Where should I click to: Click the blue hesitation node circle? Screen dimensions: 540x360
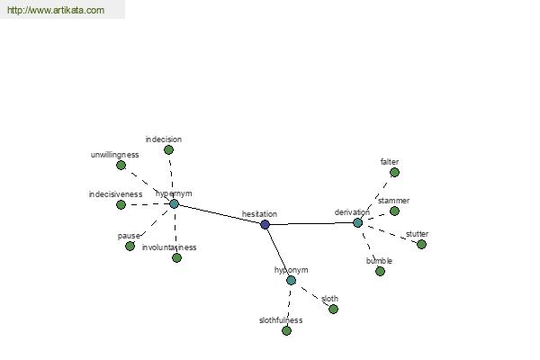[x=265, y=225]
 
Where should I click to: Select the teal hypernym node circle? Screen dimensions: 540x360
[x=175, y=204]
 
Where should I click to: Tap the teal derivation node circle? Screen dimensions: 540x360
[x=358, y=222]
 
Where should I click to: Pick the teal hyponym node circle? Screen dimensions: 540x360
[x=291, y=280]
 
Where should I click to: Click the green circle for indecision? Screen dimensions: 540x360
[x=168, y=150]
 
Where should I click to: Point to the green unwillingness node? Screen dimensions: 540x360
[x=121, y=166]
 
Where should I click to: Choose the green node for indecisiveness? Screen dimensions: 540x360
[x=121, y=204]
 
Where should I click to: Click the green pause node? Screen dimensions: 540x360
[x=130, y=246]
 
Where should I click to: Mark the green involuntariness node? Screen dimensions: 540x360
[x=176, y=257]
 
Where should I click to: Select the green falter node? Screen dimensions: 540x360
[x=395, y=172]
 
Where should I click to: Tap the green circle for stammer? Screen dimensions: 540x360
[x=395, y=211]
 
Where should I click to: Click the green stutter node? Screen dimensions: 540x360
[x=421, y=244]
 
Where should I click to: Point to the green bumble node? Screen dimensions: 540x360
[x=380, y=271]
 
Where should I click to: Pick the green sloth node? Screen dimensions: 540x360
[x=333, y=309]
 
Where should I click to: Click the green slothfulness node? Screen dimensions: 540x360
[x=286, y=330]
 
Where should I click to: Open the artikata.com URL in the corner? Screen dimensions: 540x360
[x=56, y=10]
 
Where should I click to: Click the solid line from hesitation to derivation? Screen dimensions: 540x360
[x=311, y=223]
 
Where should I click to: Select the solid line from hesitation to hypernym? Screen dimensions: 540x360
[x=220, y=214]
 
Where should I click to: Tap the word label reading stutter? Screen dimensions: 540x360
[x=417, y=234]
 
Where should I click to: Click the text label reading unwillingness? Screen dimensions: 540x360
[x=114, y=155]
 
